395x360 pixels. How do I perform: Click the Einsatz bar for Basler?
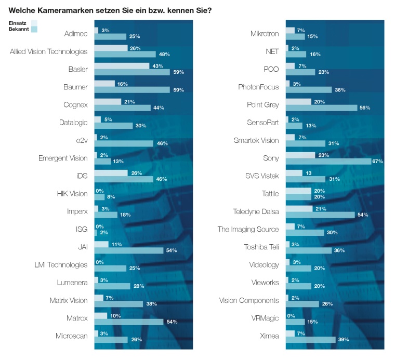[121, 66]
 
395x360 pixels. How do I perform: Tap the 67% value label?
[377, 162]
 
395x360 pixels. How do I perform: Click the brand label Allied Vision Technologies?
[48, 51]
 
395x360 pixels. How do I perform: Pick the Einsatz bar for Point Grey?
[298, 101]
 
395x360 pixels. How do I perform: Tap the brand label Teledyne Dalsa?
[256, 211]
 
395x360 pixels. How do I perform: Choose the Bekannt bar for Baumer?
[132, 90]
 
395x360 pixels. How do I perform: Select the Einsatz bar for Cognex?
[108, 101]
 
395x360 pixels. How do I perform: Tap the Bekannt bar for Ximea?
[311, 339]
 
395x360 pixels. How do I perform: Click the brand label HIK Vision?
[72, 194]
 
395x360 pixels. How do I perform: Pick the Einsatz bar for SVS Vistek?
[294, 173]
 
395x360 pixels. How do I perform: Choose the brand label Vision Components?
[249, 300]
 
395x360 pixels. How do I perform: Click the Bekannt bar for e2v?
[124, 143]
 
